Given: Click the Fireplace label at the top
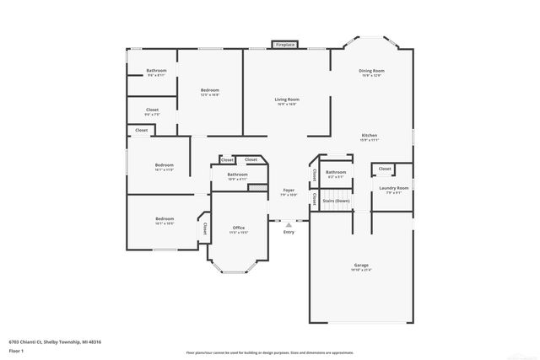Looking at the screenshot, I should (x=284, y=44).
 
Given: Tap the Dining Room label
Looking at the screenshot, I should (x=372, y=71).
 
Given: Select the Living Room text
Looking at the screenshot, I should (x=287, y=99).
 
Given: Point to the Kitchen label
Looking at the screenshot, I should (x=370, y=136).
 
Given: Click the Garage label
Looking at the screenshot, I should (x=360, y=266).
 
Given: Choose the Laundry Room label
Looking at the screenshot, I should (x=393, y=188).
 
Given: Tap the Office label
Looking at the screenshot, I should (x=238, y=228).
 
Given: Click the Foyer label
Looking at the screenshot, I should (x=289, y=191).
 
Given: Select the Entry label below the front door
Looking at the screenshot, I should (x=289, y=231).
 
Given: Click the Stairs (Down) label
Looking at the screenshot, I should (x=337, y=201).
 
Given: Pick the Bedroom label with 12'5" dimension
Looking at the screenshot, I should (x=210, y=90).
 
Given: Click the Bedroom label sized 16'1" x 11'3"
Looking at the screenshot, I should (x=164, y=164).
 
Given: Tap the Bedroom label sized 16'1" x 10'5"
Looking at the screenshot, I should (x=164, y=218).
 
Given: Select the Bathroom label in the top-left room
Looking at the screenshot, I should (x=156, y=70).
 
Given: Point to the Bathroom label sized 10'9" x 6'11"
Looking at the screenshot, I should (x=237, y=175).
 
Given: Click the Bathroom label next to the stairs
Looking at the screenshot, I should (x=336, y=172).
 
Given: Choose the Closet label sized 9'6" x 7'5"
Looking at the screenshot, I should (x=152, y=110).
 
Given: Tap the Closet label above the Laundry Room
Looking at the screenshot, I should (x=385, y=169).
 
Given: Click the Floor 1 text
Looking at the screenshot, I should (x=15, y=349).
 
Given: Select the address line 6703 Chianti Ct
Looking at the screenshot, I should (x=55, y=341).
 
